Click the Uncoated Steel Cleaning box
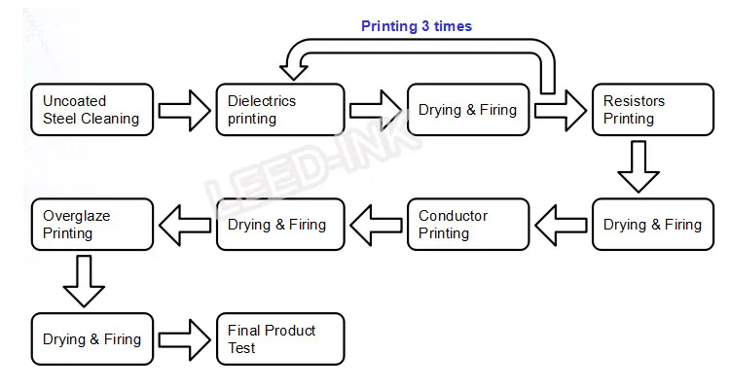coord(92,110)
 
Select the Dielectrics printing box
coord(280,110)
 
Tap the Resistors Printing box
coord(653,110)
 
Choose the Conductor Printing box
coord(468,225)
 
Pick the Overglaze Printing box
coord(92,225)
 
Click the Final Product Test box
coord(280,338)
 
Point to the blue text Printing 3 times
coord(417,26)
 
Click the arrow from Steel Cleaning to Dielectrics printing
coord(184,110)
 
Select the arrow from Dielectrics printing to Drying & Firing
coord(376,110)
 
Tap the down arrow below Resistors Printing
coord(639,166)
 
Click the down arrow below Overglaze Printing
coord(84,281)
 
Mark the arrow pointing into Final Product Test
coord(184,339)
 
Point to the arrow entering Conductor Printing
coord(561,226)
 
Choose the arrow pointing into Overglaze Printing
coord(185,226)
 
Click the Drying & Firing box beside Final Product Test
coord(92,338)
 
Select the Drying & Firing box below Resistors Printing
coord(653,225)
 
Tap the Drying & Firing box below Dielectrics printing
coord(280,225)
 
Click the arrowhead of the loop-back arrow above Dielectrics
coord(293,73)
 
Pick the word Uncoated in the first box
coord(75,101)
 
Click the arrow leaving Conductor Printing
coord(376,226)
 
